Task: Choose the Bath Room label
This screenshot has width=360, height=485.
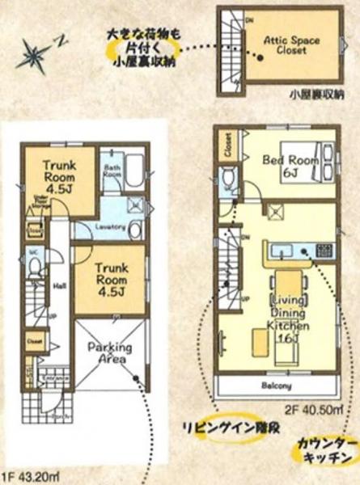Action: pos(112,172)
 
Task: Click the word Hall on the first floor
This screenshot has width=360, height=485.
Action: pos(59,285)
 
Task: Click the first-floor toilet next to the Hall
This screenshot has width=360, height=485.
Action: pos(36,271)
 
